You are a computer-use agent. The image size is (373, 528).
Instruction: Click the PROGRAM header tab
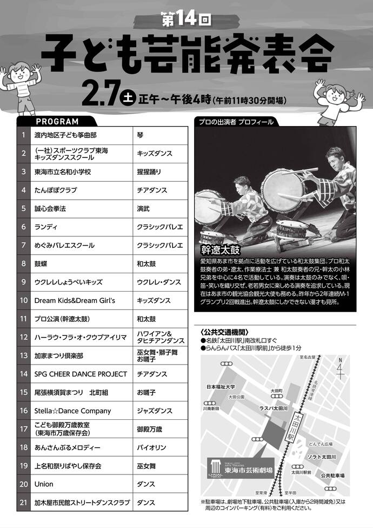[x=57, y=122]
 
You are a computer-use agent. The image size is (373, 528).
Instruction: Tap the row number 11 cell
[x=24, y=319]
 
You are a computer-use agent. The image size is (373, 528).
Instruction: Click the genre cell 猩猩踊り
[x=149, y=171]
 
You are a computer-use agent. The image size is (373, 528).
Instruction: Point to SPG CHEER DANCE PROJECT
[x=81, y=374]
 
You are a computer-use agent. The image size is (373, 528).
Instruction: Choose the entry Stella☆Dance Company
[x=73, y=411]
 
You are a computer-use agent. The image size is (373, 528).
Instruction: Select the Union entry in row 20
[x=44, y=484]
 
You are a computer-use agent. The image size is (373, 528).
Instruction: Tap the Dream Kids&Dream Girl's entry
[x=75, y=300]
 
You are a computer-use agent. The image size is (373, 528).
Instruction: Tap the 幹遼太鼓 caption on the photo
[x=219, y=250]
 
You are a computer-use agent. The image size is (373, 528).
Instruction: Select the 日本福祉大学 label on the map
[x=221, y=387]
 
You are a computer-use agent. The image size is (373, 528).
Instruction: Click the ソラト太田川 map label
[x=322, y=457]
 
